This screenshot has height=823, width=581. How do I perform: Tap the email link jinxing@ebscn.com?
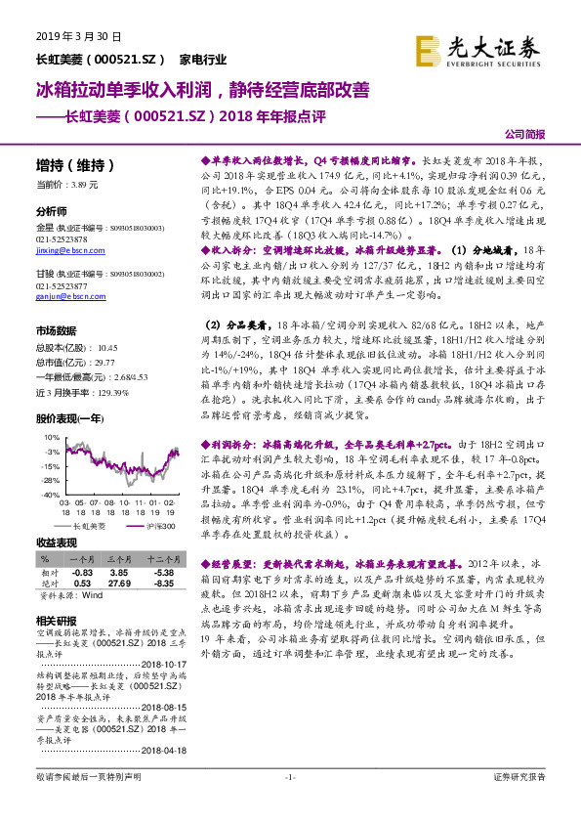coord(62,250)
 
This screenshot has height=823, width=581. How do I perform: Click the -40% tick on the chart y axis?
coord(49,496)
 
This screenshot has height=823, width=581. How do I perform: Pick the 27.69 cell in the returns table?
coord(120,584)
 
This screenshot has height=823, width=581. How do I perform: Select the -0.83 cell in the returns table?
coord(81,572)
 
